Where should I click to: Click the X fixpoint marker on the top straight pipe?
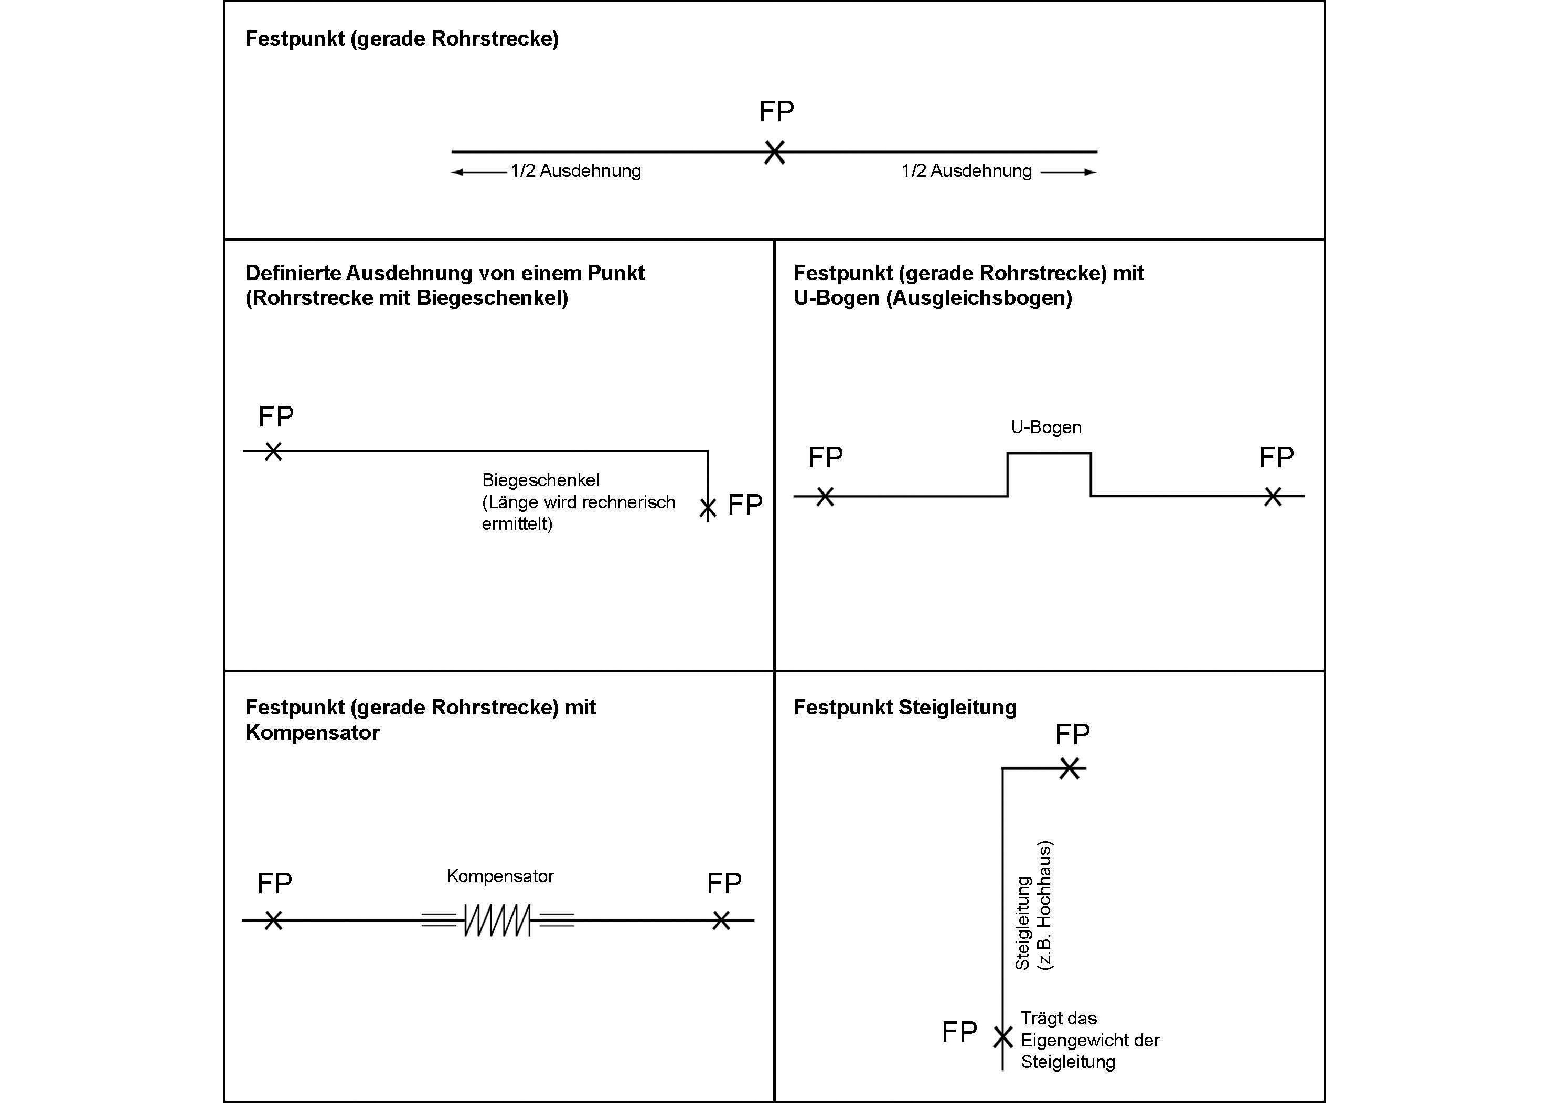774,152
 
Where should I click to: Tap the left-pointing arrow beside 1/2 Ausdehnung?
479,173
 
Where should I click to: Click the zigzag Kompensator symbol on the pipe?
497,920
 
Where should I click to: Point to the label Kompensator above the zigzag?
500,876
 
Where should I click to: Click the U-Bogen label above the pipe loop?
1046,427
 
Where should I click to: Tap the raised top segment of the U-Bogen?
1049,453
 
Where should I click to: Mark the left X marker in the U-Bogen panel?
825,497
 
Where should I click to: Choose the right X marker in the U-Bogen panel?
1273,497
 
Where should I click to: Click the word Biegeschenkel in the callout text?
541,480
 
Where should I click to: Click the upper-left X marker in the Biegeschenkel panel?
273,451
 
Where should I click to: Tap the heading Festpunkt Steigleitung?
905,708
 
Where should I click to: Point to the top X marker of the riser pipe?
1069,768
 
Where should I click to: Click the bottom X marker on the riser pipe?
1002,1037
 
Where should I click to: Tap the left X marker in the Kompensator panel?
273,920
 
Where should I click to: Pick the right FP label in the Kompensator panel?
724,883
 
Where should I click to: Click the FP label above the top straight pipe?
776,111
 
